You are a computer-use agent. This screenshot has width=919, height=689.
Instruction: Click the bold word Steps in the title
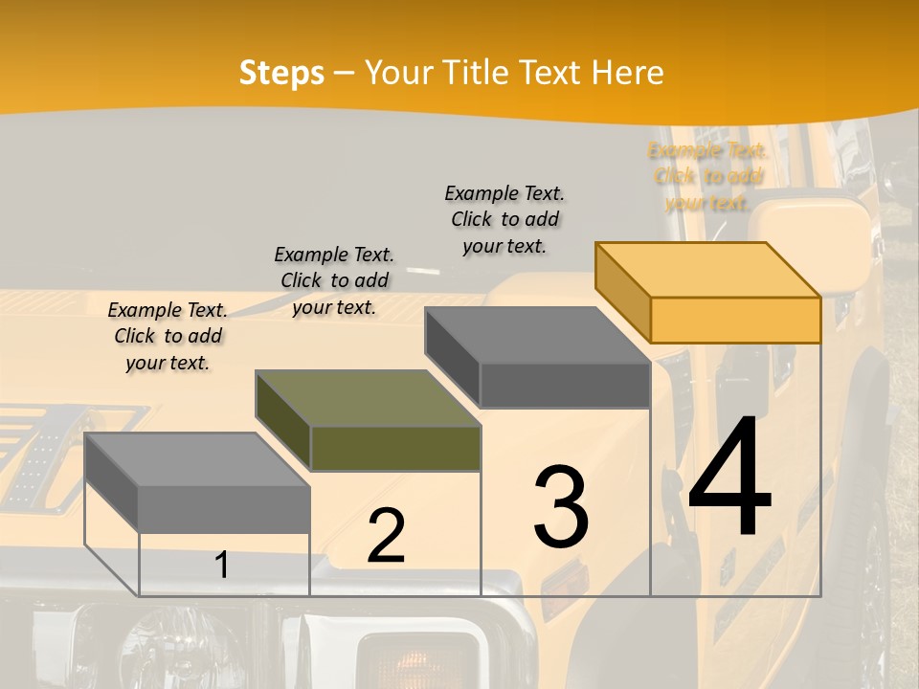coord(281,73)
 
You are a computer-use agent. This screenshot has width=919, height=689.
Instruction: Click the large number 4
coord(729,478)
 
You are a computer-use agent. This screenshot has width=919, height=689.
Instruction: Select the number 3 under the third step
coord(561,506)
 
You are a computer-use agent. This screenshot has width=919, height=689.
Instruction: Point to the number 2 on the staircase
coord(386,537)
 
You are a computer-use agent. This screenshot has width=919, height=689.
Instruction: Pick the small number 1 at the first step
coord(221,565)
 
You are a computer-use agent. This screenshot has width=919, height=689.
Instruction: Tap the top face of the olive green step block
coord(368,398)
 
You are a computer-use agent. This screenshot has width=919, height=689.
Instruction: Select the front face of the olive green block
coord(395,448)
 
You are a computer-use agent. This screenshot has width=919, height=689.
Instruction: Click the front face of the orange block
coord(735,320)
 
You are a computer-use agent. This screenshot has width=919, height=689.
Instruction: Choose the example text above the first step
coord(168,336)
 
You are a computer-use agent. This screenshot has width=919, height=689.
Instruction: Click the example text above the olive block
coord(334,280)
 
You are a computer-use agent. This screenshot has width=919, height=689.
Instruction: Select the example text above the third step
coord(504,219)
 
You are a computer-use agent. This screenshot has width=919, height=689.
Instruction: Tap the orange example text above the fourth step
coord(707,176)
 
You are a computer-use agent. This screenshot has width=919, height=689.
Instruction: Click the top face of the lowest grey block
coord(197,459)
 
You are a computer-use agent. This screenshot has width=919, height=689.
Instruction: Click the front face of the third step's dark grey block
coord(565,386)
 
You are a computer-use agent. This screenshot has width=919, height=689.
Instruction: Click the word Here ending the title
coord(627,73)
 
